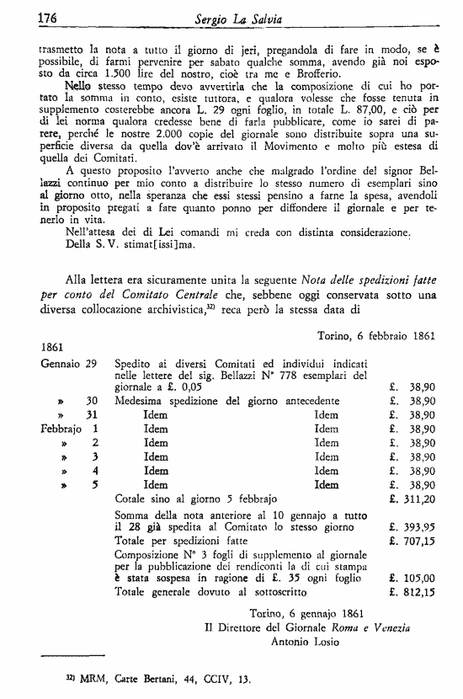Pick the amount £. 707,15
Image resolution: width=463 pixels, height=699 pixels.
pyautogui.click(x=412, y=540)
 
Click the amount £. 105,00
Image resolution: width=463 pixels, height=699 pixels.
pyautogui.click(x=412, y=579)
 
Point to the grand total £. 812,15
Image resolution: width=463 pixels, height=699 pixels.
pyautogui.click(x=412, y=593)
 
